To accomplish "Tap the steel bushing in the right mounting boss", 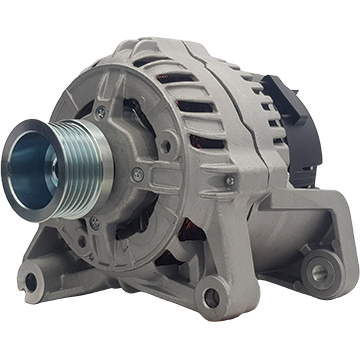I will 319,268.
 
